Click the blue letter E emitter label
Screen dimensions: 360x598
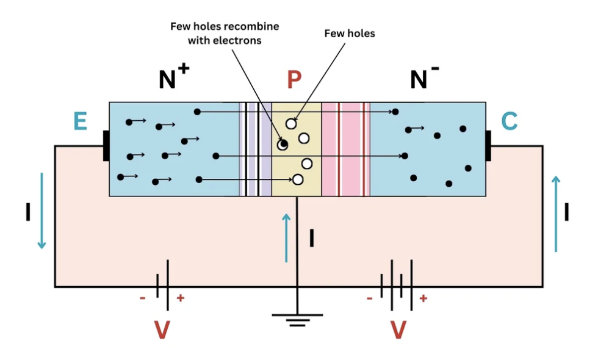click(80, 121)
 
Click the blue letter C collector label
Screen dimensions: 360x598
click(510, 121)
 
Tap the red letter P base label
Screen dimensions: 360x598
click(294, 79)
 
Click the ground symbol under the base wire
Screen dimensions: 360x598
click(297, 319)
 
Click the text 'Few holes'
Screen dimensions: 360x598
click(350, 34)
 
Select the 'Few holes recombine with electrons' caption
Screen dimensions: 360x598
click(225, 34)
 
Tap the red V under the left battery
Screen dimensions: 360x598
click(162, 330)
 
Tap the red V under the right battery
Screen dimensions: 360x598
click(398, 330)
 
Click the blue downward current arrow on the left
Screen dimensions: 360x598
click(41, 211)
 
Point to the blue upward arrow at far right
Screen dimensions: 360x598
click(556, 214)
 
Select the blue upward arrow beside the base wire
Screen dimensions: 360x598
click(286, 237)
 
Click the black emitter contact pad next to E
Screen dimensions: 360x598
click(106, 146)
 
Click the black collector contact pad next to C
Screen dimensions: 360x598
click(488, 146)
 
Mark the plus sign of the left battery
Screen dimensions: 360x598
click(180, 298)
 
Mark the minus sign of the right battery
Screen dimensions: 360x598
click(369, 298)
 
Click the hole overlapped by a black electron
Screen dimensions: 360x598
click(283, 145)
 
